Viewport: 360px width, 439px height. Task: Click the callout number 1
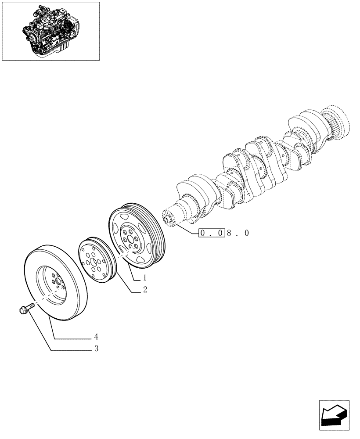pyautogui.click(x=144, y=278)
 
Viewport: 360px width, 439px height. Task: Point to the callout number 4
pyautogui.click(x=95, y=337)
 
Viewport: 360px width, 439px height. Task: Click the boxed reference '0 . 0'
pyautogui.click(x=212, y=233)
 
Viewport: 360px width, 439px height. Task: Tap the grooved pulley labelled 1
pyautogui.click(x=137, y=235)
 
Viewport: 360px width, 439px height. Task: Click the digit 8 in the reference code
pyautogui.click(x=230, y=233)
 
